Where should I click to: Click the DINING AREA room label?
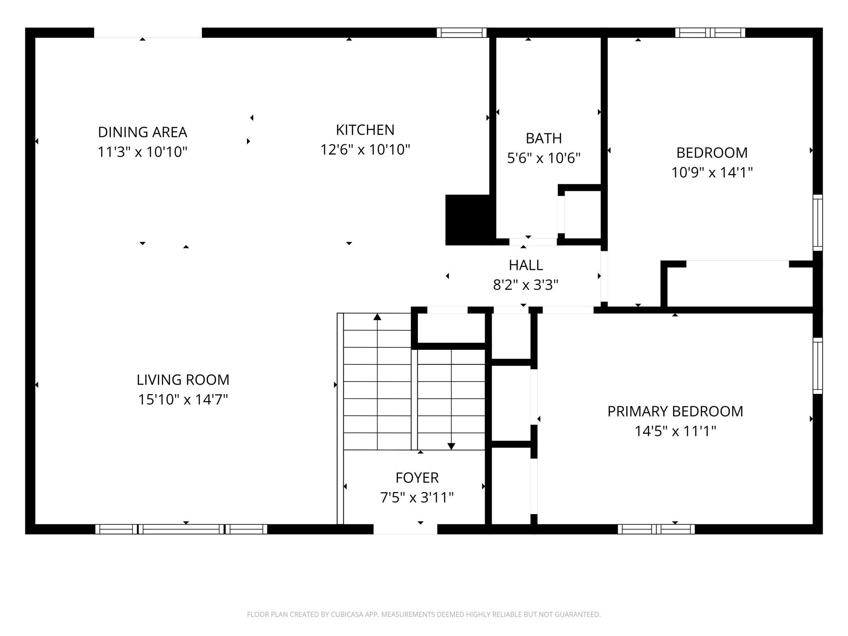tap(142, 132)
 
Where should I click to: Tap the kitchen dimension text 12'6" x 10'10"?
tap(365, 150)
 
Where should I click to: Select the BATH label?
tap(544, 138)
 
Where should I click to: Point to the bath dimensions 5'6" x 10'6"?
tap(544, 158)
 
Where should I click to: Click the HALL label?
tap(526, 265)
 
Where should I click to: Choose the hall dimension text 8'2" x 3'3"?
tap(526, 285)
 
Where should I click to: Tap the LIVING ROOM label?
tap(183, 380)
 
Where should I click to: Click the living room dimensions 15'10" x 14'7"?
tap(183, 400)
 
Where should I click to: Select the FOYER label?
tap(417, 478)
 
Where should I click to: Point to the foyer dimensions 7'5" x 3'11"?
tap(417, 498)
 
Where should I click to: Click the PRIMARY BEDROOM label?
tap(675, 411)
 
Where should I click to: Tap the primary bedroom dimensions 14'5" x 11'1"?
tap(675, 431)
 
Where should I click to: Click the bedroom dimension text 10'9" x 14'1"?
tap(712, 172)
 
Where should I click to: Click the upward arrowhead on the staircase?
tap(378, 316)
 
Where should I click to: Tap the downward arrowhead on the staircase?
tap(451, 446)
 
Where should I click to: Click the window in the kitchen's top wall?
tap(462, 33)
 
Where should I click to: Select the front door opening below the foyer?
tap(405, 529)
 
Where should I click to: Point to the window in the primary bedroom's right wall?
tap(818, 366)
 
